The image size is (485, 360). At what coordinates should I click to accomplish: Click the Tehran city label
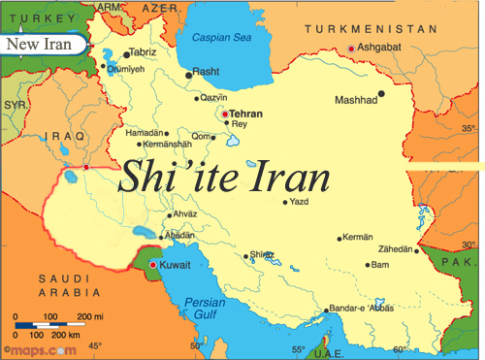[245, 113]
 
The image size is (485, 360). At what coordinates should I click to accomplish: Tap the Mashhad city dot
[381, 94]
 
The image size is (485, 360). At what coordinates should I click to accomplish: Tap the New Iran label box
[40, 45]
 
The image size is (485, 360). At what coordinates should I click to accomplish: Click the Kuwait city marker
[152, 263]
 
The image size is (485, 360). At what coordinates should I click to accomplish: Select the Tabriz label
[142, 52]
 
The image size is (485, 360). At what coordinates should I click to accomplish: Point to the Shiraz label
[263, 254]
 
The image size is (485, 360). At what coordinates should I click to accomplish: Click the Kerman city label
[359, 238]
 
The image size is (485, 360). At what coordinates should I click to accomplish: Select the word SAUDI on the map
[56, 279]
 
